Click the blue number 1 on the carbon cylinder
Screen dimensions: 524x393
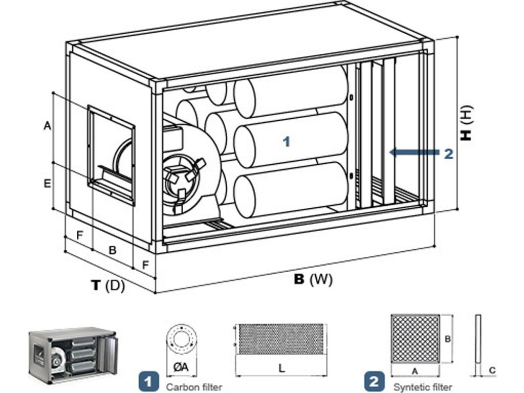click(287, 142)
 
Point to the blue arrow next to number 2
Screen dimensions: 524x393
click(414, 152)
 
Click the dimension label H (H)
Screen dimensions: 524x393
click(466, 123)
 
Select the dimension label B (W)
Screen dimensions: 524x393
click(313, 279)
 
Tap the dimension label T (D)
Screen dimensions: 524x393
click(108, 285)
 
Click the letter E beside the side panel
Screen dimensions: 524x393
click(48, 184)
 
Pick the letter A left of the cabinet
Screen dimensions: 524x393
click(48, 126)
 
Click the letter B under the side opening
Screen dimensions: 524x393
click(113, 250)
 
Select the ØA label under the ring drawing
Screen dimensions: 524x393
click(181, 367)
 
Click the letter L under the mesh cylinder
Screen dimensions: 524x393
click(282, 368)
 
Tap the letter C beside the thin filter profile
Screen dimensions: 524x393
click(492, 370)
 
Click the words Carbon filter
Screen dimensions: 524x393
click(194, 387)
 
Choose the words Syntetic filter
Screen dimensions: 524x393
click(423, 387)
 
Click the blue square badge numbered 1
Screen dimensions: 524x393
click(148, 381)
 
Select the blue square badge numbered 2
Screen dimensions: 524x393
click(374, 381)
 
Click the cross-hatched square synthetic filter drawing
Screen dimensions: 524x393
click(415, 338)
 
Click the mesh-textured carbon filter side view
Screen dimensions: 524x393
click(280, 339)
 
